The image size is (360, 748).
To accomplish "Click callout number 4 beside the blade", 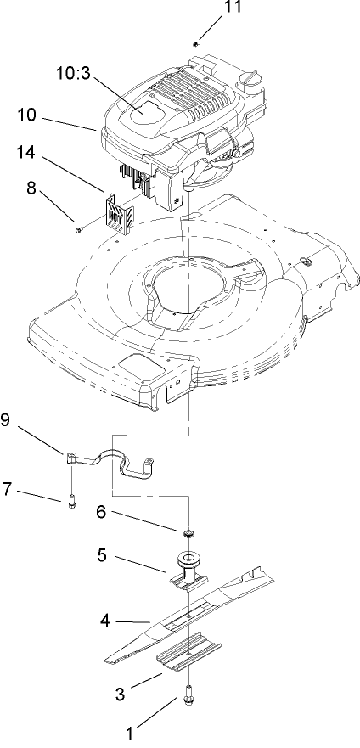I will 104,620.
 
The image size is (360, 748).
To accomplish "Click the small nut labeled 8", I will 79,228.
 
